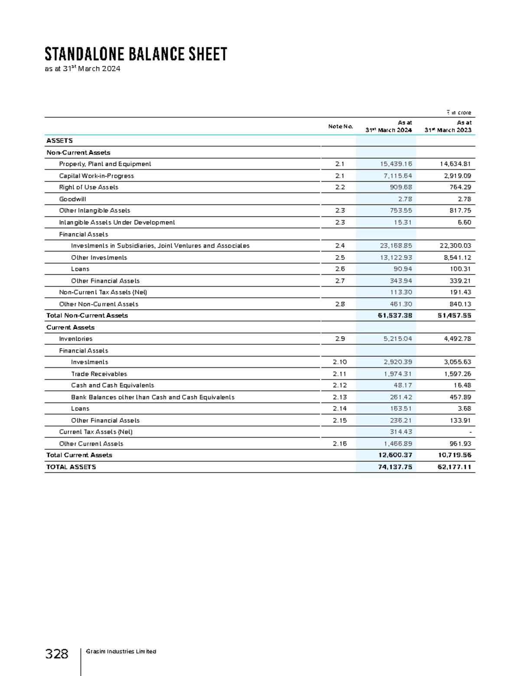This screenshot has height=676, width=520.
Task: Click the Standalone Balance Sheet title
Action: [x=136, y=54]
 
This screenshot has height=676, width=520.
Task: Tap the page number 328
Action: [x=57, y=653]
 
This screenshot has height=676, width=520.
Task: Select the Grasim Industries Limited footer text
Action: [x=121, y=651]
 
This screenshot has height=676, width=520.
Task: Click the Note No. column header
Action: [x=340, y=127]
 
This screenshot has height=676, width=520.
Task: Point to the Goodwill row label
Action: [x=72, y=199]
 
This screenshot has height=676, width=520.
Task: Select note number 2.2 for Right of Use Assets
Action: [x=340, y=187]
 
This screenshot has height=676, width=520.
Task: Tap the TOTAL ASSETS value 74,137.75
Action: [x=395, y=467]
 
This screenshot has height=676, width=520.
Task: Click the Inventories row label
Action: [x=76, y=339]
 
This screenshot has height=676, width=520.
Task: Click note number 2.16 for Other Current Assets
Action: [x=340, y=444]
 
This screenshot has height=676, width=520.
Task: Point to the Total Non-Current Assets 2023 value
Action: [x=454, y=315]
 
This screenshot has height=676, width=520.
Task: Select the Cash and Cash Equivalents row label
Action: [x=113, y=385]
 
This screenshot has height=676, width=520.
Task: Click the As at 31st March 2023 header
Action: [x=448, y=127]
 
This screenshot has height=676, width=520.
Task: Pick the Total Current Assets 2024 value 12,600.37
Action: [x=395, y=455]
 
